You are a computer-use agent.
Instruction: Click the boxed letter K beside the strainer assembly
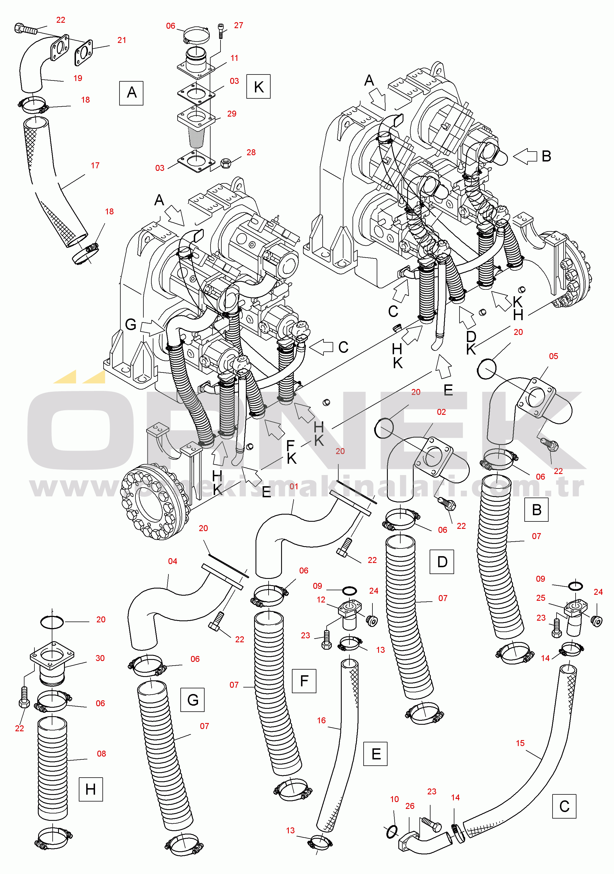pyautogui.click(x=258, y=87)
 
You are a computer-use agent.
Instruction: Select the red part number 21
pyautogui.click(x=121, y=40)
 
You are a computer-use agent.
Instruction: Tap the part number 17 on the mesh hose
pyautogui.click(x=95, y=165)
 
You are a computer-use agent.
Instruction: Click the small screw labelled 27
pyautogui.click(x=221, y=31)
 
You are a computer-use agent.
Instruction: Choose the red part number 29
pyautogui.click(x=232, y=114)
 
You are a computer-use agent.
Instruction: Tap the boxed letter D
pyautogui.click(x=442, y=562)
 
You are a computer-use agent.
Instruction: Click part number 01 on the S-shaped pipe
pyautogui.click(x=294, y=486)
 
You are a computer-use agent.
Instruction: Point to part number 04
pyautogui.click(x=172, y=561)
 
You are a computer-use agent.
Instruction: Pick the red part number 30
pyautogui.click(x=100, y=658)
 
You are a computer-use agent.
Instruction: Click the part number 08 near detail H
pyautogui.click(x=101, y=754)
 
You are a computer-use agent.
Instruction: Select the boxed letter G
pyautogui.click(x=192, y=700)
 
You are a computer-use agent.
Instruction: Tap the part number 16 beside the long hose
pyautogui.click(x=322, y=720)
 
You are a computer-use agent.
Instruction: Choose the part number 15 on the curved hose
pyautogui.click(x=520, y=743)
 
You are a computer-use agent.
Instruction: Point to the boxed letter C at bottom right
pyautogui.click(x=564, y=806)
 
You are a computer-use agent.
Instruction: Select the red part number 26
pyautogui.click(x=410, y=806)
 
